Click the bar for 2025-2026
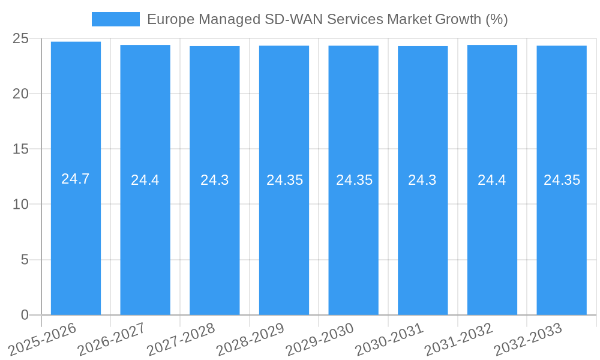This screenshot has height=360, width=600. [76, 240]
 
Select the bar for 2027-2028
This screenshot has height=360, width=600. [214, 240]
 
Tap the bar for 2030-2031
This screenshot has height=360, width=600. [422, 240]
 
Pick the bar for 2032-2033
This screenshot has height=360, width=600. [562, 240]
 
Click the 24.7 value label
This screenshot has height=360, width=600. [76, 179]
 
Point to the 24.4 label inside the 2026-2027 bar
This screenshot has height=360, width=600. [145, 180]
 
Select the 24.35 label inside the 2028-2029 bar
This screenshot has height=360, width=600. [284, 180]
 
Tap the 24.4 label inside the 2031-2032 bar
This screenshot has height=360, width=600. [492, 180]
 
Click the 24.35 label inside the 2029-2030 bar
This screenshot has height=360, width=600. [354, 180]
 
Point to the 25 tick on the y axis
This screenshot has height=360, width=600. [20, 38]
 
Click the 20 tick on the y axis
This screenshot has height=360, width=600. [20, 94]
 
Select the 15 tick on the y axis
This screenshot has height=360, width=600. [20, 149]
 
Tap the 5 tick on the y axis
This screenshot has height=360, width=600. [25, 260]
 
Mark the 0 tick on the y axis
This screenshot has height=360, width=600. [25, 315]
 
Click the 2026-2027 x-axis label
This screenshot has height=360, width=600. [112, 339]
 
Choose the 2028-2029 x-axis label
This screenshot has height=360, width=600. [251, 339]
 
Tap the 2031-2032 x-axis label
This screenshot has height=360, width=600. [459, 339]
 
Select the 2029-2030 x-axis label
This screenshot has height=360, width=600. [320, 339]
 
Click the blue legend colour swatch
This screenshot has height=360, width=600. [115, 19]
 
